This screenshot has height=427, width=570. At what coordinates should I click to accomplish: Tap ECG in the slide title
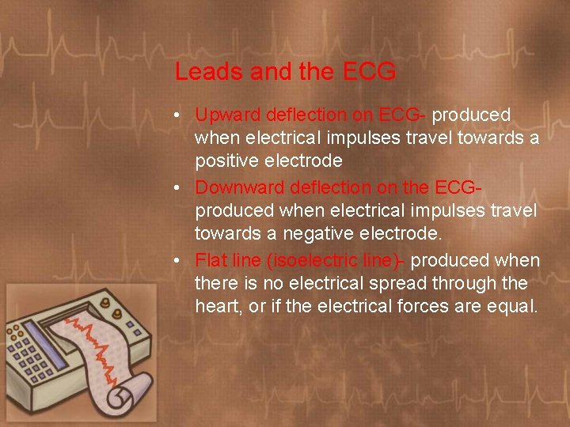pos(370,72)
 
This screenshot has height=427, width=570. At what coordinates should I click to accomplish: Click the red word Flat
pos(210,260)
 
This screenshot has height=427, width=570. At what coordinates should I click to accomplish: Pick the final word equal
pos(515,306)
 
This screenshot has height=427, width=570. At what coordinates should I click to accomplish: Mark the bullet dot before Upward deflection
pos(180,115)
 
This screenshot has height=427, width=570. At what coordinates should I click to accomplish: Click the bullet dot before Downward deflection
pos(180,188)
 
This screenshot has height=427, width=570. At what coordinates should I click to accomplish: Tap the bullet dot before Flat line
pos(180,261)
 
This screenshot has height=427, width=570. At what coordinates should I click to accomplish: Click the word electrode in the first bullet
pos(306,161)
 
